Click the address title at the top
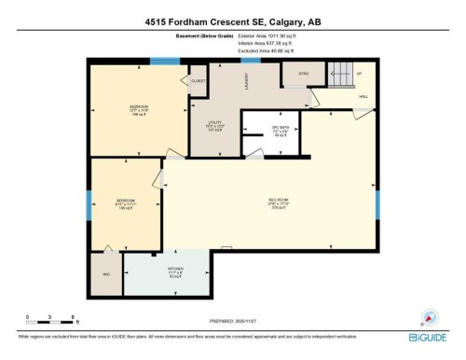click(x=232, y=21)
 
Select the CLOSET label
click(x=198, y=81)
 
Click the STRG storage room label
click(x=303, y=73)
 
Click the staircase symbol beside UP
click(x=341, y=72)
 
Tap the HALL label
click(x=363, y=96)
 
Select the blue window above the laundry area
click(x=250, y=61)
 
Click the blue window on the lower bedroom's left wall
click(x=89, y=206)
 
